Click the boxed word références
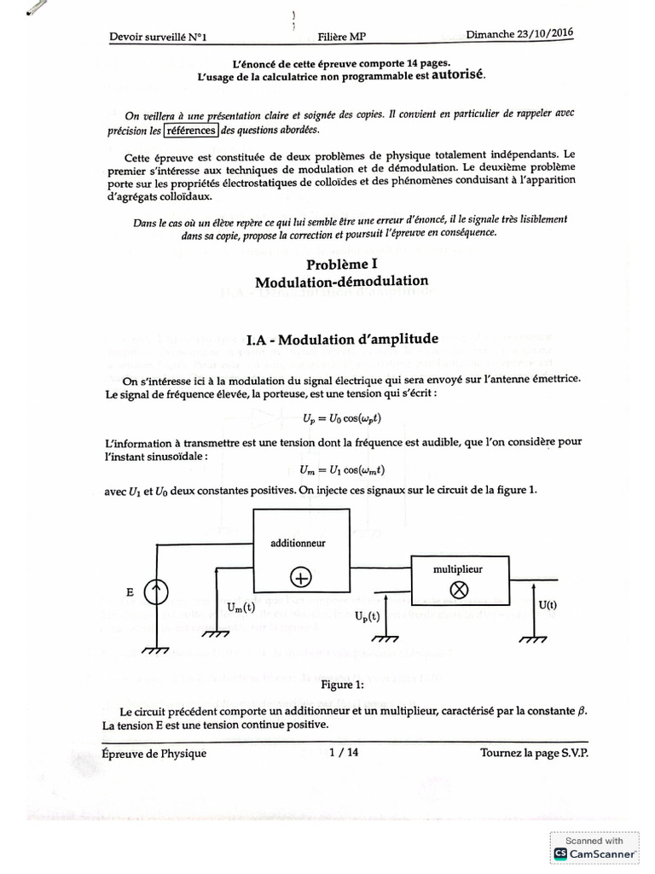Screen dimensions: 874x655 [193, 131]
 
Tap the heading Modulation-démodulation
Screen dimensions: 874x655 [341, 281]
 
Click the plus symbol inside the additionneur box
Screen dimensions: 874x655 [301, 577]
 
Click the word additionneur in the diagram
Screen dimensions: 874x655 [298, 542]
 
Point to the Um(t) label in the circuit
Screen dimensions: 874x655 [241, 607]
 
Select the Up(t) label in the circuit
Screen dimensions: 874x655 [368, 615]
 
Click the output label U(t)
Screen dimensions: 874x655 [548, 604]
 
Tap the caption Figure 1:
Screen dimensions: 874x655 [342, 685]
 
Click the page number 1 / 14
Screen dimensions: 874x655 [343, 752]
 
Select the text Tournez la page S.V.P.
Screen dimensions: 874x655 [534, 753]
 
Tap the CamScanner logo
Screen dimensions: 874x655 [594, 853]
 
